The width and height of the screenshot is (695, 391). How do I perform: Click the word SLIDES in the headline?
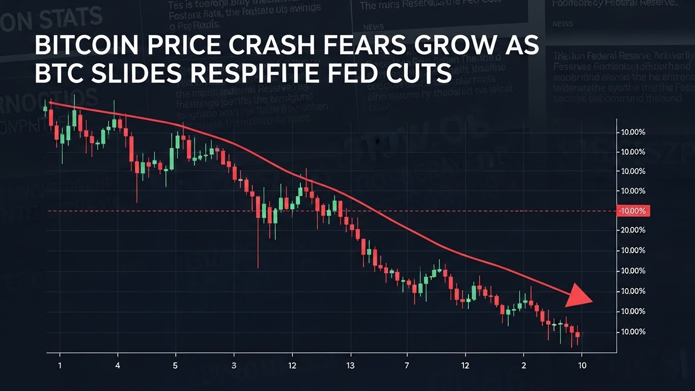click(x=129, y=74)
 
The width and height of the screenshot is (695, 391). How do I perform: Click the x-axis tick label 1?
click(x=60, y=365)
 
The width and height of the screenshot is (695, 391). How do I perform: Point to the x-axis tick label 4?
click(x=118, y=365)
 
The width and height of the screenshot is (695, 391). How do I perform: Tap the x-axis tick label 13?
click(x=350, y=365)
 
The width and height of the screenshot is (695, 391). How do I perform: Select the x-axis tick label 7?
click(x=407, y=365)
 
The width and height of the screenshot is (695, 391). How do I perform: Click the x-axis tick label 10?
click(x=582, y=365)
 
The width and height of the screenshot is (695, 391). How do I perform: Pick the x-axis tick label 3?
click(x=234, y=365)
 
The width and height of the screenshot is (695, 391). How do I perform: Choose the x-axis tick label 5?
click(x=176, y=365)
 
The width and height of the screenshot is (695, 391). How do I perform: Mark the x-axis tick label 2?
click(x=523, y=365)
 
